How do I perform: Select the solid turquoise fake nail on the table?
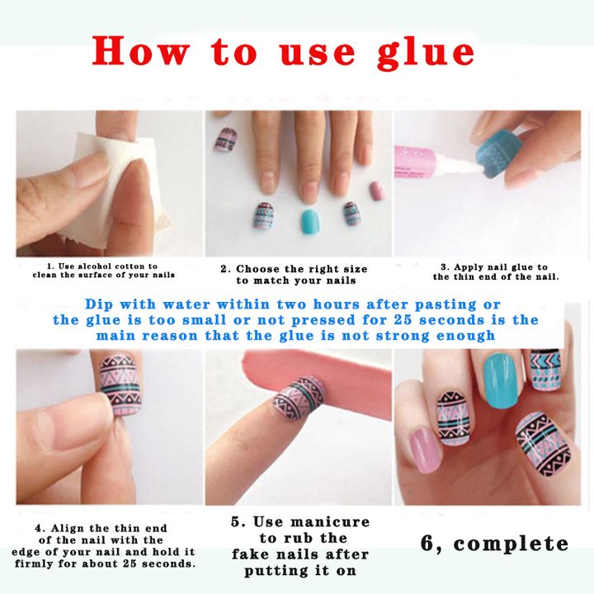pyautogui.click(x=310, y=220)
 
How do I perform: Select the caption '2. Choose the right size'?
pyautogui.click(x=294, y=269)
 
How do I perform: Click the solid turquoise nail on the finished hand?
pyautogui.click(x=502, y=379)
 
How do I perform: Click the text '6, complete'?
pyautogui.click(x=494, y=544)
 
